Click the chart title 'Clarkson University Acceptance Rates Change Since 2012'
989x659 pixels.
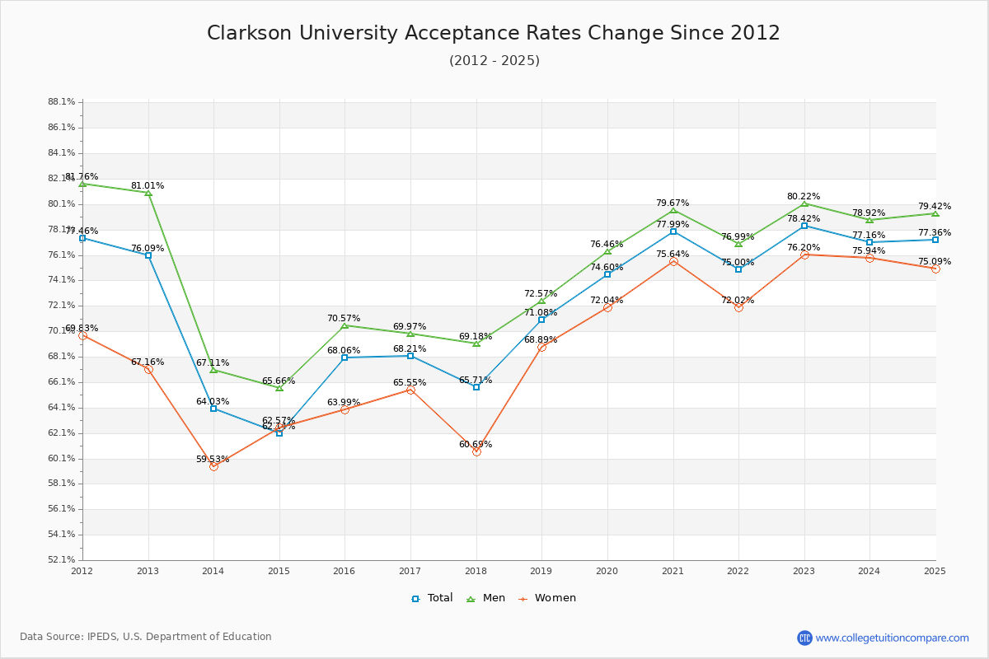(x=494, y=33)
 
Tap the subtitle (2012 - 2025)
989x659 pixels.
(x=494, y=61)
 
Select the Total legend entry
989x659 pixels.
(x=433, y=598)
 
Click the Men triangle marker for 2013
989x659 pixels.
(x=148, y=193)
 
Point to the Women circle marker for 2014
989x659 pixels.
(x=213, y=466)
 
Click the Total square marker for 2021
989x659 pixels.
(x=673, y=231)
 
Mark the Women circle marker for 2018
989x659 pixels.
(x=476, y=451)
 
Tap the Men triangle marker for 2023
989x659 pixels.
(x=804, y=203)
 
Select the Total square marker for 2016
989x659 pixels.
(x=345, y=358)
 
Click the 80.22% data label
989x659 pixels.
(x=804, y=197)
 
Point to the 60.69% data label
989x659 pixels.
(x=476, y=445)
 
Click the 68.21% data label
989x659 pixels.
(x=410, y=349)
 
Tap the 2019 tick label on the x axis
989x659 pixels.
(x=541, y=570)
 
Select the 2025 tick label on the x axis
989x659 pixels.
(x=935, y=570)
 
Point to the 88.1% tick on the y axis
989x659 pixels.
(x=62, y=102)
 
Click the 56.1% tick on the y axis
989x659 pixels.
(x=62, y=509)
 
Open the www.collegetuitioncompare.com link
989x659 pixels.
(x=892, y=638)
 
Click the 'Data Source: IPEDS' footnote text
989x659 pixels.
(x=146, y=637)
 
